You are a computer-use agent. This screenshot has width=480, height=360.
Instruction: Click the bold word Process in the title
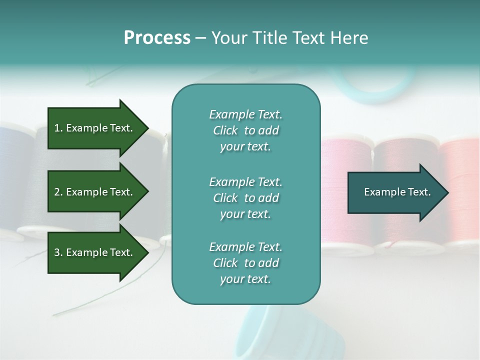[157, 38]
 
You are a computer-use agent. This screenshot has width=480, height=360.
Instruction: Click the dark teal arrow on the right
[395, 192]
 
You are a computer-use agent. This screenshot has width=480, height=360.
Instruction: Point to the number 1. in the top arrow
[58, 128]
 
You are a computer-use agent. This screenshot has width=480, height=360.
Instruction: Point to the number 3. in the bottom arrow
[58, 253]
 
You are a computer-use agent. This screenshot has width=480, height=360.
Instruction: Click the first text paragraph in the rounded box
[245, 130]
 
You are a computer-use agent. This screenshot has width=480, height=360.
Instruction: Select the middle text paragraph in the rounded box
[245, 198]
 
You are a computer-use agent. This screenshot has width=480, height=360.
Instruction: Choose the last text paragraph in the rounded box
[245, 263]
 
